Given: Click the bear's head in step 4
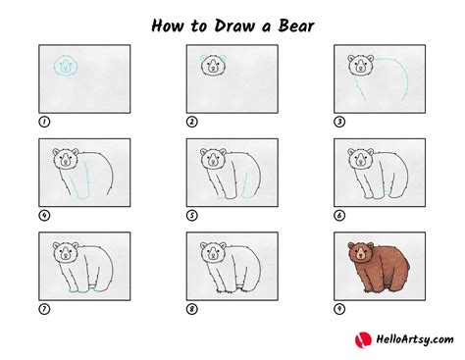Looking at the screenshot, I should point(64,159).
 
